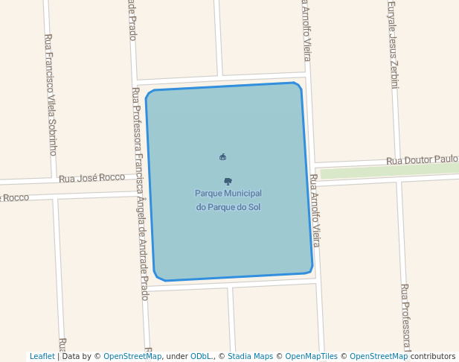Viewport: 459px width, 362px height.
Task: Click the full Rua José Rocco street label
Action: pos(92,178)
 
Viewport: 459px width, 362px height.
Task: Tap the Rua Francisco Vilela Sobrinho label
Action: pos(51,94)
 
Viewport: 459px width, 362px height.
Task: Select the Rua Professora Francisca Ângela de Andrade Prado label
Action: pos(141,194)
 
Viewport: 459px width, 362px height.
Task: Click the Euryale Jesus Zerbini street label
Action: pos(392,45)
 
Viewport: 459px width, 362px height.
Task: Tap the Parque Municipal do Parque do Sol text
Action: pos(228,200)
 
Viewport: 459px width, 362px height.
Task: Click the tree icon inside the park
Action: pos(228,181)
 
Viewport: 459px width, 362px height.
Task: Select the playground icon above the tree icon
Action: pos(222,156)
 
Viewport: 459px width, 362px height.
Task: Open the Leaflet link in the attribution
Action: pos(42,356)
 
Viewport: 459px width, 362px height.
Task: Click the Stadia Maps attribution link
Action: pos(250,356)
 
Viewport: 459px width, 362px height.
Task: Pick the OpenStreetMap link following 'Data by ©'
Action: pos(132,356)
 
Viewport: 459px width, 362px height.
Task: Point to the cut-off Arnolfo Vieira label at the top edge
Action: pos(305,30)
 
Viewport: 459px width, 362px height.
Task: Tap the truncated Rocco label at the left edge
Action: pos(14,197)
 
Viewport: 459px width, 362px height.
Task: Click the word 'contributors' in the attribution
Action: pos(433,356)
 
